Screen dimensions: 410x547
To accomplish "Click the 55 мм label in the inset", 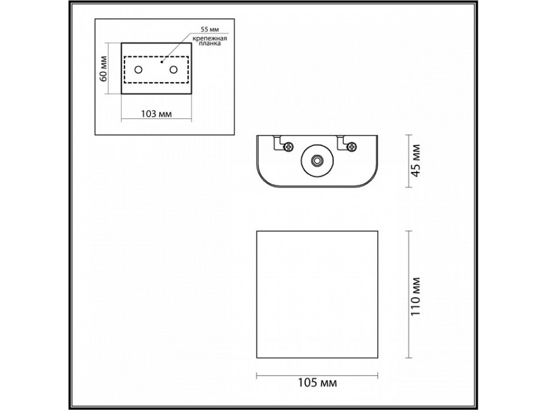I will pyautogui.click(x=208, y=29).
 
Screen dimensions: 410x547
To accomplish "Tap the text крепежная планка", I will pyautogui.click(x=210, y=42).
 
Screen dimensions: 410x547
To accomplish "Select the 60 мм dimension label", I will pyautogui.click(x=104, y=68).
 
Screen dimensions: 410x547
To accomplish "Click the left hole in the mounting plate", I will pyautogui.click(x=139, y=70).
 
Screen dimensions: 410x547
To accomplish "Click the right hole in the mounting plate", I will pyautogui.click(x=174, y=70).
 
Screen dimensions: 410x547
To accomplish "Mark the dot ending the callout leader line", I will pyautogui.click(x=162, y=61).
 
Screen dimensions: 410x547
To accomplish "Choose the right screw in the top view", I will pyautogui.click(x=352, y=146).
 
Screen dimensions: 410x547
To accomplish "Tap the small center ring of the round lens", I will pyautogui.click(x=316, y=161).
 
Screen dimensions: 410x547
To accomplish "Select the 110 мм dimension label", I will pyautogui.click(x=416, y=295).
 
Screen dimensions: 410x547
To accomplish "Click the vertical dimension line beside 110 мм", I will pyautogui.click(x=408, y=295).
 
